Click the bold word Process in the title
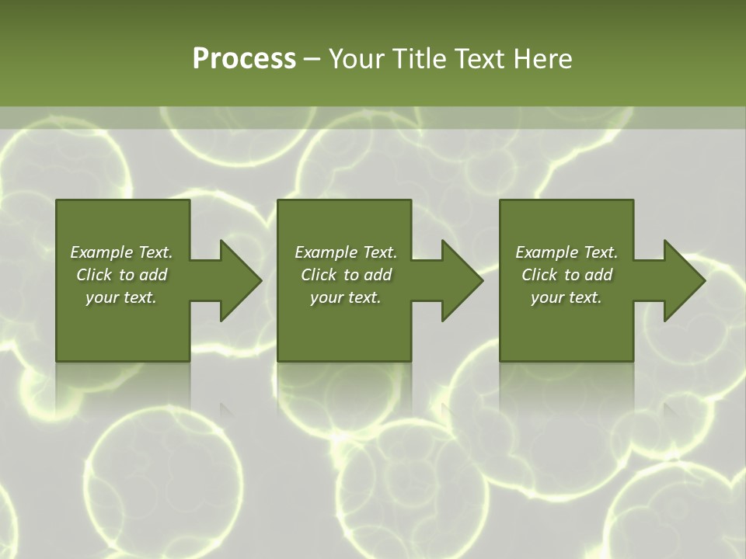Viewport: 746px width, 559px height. [244, 59]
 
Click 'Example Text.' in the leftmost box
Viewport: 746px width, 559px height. [121, 252]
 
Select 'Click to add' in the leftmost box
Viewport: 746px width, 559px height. [121, 275]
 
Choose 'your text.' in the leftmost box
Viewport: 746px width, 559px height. [121, 297]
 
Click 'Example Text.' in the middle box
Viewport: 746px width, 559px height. [346, 252]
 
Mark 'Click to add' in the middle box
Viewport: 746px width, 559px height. [346, 275]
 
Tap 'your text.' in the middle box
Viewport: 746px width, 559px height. [346, 297]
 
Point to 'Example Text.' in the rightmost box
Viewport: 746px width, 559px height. [566, 252]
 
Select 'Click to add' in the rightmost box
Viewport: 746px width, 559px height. [566, 275]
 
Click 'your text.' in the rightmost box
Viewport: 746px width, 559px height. [566, 297]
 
